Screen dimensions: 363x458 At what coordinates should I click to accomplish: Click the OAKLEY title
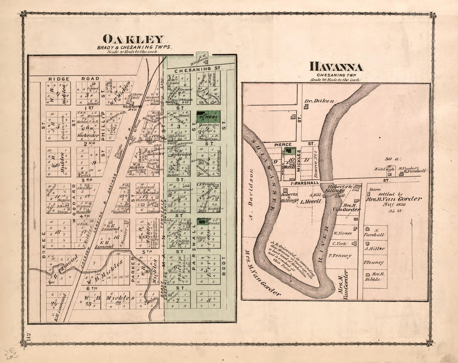(x=133, y=40)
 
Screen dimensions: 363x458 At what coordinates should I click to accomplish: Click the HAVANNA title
(x=336, y=67)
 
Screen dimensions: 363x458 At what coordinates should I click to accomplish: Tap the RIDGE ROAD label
(x=74, y=79)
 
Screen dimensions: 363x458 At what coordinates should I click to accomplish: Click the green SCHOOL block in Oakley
(x=208, y=117)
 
